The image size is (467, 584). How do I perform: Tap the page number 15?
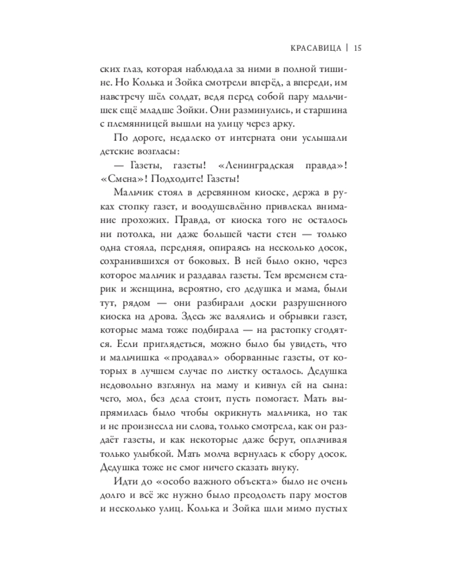point(359,48)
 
